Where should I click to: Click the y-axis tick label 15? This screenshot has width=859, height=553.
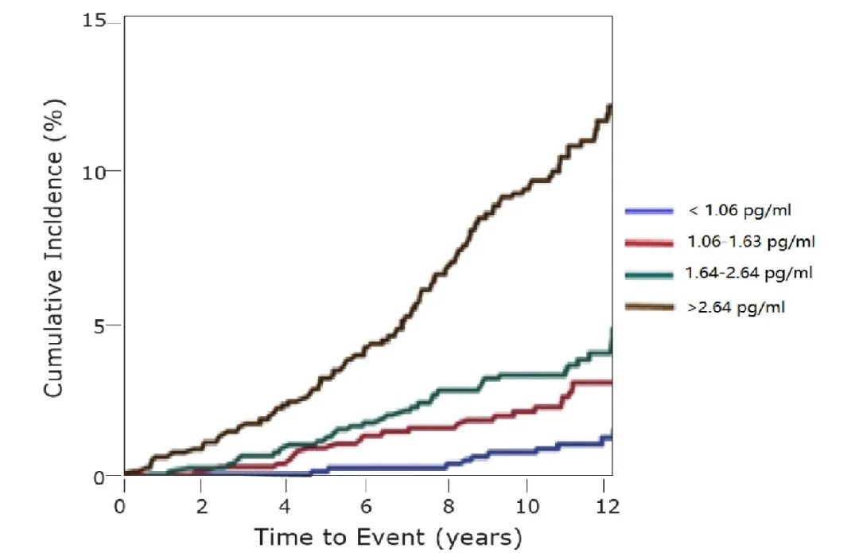click(x=94, y=21)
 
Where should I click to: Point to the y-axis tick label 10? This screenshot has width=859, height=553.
click(x=94, y=171)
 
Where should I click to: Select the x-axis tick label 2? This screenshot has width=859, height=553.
click(x=201, y=506)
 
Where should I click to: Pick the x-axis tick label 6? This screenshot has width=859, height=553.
click(x=365, y=506)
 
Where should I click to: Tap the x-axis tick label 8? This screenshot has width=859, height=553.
click(x=448, y=506)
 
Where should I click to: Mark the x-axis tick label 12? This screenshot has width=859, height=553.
click(x=608, y=506)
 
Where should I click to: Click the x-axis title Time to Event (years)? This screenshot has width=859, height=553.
click(x=388, y=537)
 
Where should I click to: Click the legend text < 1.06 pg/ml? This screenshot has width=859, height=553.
click(x=740, y=210)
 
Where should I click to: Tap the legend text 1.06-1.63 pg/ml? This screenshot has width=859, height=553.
click(x=751, y=241)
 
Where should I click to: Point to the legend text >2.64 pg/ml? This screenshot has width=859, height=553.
click(x=736, y=305)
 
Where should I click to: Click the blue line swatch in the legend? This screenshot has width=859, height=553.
click(x=650, y=211)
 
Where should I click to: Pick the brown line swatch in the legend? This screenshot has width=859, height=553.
click(x=650, y=306)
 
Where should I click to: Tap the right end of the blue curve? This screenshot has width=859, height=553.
click(x=610, y=434)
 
